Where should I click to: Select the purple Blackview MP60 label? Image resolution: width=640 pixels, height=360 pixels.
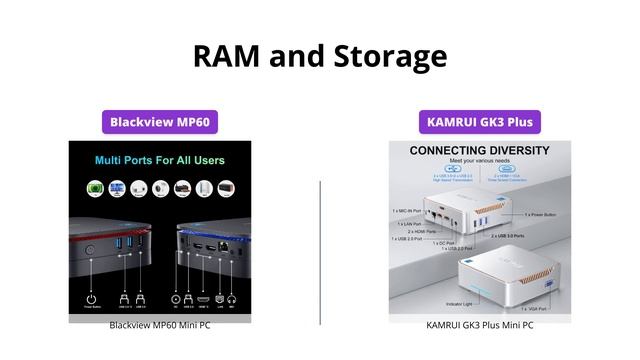[160, 122]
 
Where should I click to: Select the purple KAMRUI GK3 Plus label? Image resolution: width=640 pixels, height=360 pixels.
[480, 122]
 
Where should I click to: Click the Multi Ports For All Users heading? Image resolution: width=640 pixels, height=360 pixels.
[160, 160]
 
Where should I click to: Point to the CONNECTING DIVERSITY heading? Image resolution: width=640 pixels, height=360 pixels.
[480, 151]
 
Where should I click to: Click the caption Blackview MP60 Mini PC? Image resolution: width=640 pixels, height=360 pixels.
[160, 325]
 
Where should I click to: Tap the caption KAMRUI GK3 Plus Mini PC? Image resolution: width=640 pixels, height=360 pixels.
[480, 325]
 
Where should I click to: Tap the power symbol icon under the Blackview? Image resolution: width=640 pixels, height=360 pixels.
[91, 297]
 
